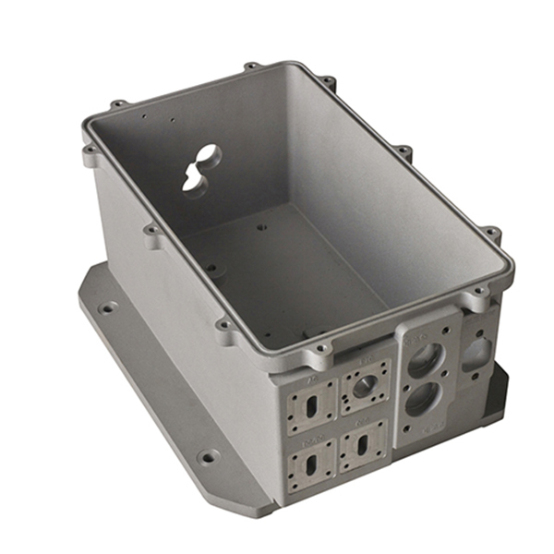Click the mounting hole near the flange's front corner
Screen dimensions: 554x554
point(210,456)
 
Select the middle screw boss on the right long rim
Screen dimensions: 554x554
point(403,150)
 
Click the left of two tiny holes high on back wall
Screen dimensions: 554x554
point(143,116)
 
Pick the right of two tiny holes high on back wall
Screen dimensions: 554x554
point(173,120)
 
